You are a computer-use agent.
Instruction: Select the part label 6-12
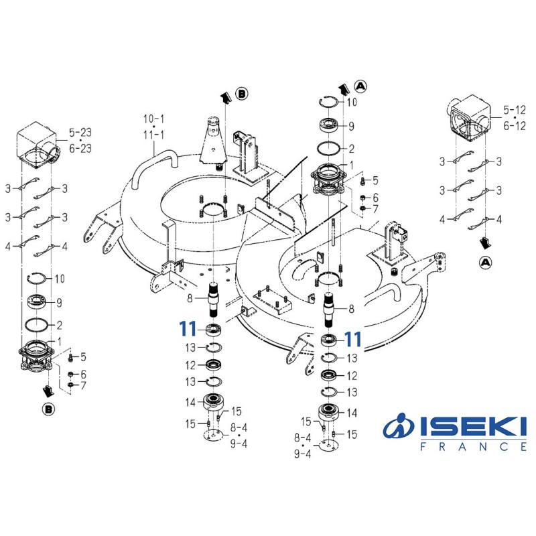point(514,126)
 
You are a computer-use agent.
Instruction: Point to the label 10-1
point(153,119)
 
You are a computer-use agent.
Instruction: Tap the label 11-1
point(153,135)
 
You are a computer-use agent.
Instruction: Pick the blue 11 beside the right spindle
point(353,338)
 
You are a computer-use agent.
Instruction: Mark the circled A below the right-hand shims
point(485,262)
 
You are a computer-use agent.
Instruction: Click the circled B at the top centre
point(242,94)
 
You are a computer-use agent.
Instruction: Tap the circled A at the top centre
point(360,86)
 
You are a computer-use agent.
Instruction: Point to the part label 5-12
point(514,109)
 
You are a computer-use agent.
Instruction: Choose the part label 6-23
point(80,149)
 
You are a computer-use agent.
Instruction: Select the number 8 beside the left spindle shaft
point(191,298)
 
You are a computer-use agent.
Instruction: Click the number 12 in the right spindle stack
point(352,375)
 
